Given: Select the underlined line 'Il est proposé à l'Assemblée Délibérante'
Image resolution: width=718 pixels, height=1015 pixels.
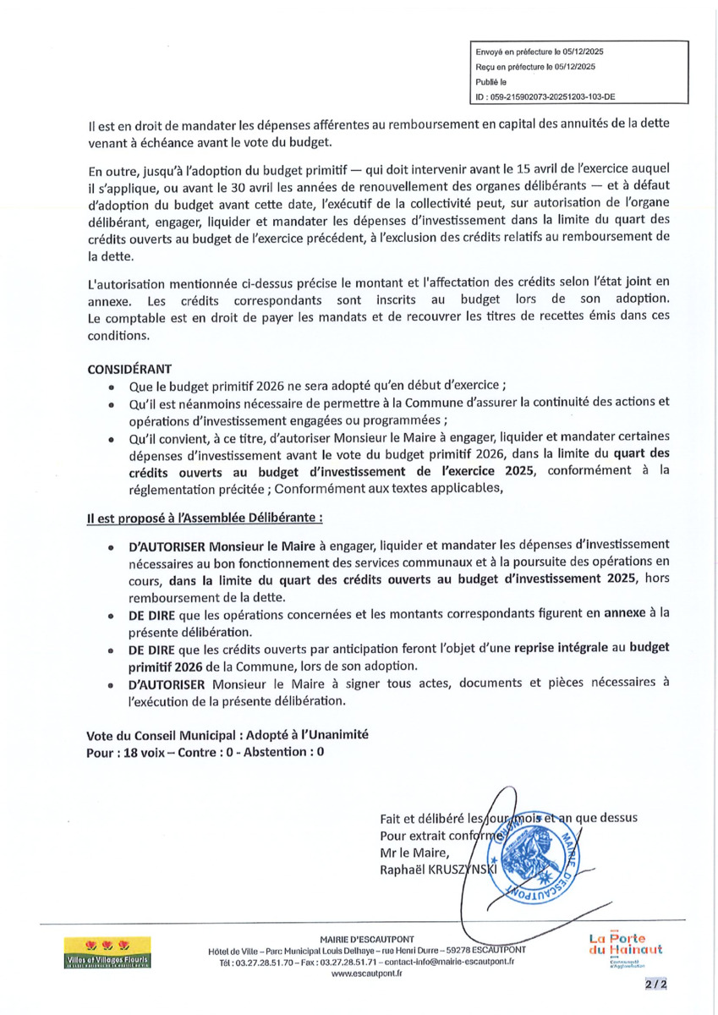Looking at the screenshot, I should pyautogui.click(x=204, y=516).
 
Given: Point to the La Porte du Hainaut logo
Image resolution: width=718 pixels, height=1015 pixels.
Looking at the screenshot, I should pyautogui.click(x=625, y=949).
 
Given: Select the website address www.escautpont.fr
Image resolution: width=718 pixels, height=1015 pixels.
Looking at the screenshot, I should pyautogui.click(x=366, y=974).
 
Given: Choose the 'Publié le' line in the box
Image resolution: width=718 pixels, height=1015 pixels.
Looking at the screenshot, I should pyautogui.click(x=491, y=82).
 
